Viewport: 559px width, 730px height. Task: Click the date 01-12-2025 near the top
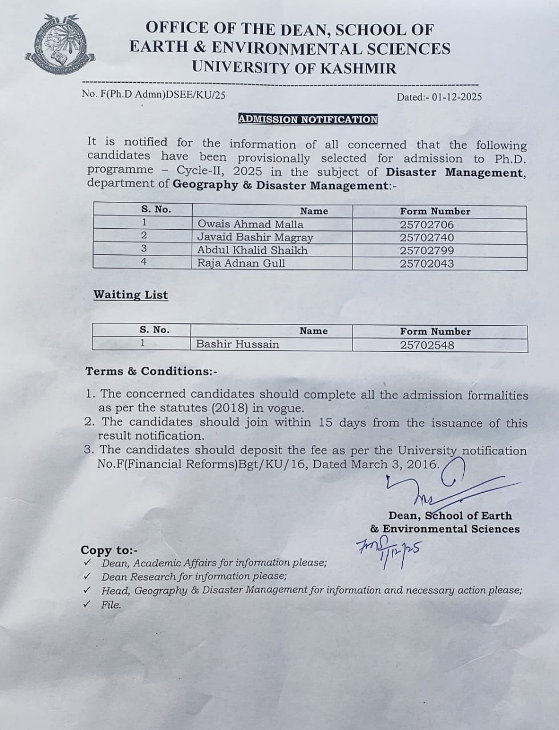pos(456,97)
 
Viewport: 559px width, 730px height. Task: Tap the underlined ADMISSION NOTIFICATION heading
pos(307,119)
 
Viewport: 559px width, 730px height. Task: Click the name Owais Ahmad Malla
pos(250,224)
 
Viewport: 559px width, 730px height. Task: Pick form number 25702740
pos(427,237)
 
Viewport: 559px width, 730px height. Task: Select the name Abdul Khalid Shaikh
pos(252,250)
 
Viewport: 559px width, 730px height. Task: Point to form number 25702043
pos(427,263)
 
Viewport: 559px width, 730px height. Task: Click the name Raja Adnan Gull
pos(241,263)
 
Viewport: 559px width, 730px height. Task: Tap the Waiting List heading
pos(131,295)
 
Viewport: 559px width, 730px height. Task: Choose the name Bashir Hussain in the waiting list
pos(237,344)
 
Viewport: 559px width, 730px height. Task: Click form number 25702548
pos(427,344)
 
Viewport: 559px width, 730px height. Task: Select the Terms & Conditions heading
pos(151,371)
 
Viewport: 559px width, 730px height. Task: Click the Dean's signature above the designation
pos(434,485)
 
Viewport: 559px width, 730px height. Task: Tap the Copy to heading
pos(109,550)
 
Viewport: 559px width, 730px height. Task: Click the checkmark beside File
pos(87,605)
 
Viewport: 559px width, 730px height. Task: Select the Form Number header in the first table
pos(435,211)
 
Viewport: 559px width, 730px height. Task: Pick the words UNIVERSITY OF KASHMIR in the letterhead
pos(294,67)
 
